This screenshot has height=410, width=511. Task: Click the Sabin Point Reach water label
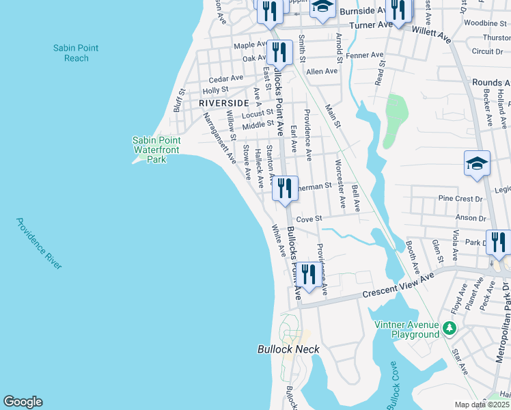point(76,53)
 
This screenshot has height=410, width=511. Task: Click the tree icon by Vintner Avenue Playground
point(450,329)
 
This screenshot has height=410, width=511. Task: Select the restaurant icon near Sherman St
point(285,188)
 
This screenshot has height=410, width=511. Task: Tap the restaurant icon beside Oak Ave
point(279,52)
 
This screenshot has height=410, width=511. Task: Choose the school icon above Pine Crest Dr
point(477,164)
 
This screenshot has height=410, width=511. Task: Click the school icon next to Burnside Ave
point(321,8)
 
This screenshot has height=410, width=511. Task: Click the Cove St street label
point(309,219)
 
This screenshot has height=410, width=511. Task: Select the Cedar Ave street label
point(226,78)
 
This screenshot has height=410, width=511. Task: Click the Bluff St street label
point(180,100)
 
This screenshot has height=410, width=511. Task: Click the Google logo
point(23,402)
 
